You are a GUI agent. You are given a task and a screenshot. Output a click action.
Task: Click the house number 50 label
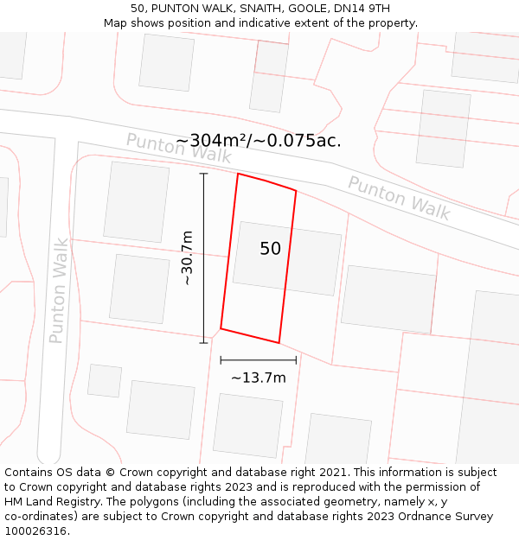270,249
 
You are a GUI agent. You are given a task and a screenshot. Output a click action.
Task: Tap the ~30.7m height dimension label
186,258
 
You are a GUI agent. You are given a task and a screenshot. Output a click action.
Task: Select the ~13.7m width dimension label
258,378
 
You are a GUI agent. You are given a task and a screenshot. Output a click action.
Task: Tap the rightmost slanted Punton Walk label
399,198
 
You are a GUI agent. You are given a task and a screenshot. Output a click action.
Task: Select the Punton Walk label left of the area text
178,149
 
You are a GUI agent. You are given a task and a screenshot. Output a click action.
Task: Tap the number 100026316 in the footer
35,531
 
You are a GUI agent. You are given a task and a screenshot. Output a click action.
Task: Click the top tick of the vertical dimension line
204,174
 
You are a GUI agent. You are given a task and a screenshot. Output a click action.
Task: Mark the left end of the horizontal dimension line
221,359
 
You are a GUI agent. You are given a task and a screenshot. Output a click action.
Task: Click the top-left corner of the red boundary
238,174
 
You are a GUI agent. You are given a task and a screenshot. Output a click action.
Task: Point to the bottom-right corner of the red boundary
279,343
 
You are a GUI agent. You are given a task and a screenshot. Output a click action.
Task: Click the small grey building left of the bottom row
105,381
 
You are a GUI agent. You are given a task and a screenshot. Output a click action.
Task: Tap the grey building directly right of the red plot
388,299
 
